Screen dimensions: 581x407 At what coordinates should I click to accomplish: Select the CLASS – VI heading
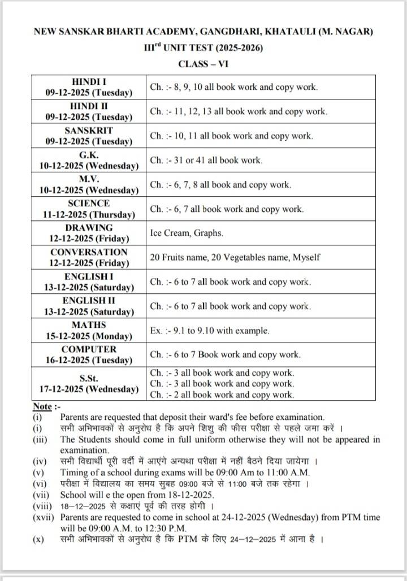203,64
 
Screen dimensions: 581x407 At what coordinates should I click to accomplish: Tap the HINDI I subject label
89,81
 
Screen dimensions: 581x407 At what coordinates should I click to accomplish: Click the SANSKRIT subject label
89,130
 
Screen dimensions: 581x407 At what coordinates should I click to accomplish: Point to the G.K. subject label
89,154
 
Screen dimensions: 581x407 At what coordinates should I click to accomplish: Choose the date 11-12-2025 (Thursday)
89,215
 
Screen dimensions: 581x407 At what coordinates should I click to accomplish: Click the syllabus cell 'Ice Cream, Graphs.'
187,232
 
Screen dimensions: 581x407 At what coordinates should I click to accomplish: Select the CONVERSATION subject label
89,252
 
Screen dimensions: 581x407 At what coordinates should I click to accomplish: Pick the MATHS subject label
89,325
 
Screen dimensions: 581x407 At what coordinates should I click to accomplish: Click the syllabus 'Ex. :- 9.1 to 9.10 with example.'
210,330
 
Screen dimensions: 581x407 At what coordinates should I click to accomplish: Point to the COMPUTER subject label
89,349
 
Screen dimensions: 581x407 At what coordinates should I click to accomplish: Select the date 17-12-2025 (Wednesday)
89,389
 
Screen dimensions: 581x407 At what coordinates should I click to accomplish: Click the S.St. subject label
89,378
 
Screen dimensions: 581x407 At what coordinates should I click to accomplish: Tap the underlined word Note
42,406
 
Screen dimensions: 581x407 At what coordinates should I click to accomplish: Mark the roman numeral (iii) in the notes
41,439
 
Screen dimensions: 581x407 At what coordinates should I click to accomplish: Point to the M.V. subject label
89,179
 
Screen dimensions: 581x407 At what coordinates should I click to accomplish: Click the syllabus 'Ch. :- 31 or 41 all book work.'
206,160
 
